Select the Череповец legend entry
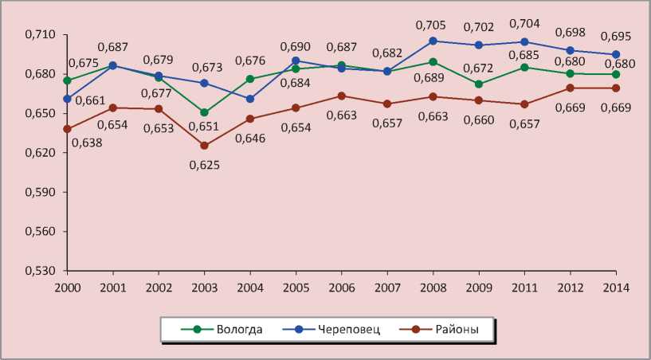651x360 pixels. [x=334, y=329]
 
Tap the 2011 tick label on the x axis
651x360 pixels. [x=524, y=286]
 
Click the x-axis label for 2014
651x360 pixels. [x=616, y=286]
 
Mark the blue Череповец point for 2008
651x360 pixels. [x=433, y=41]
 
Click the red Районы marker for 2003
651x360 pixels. [x=204, y=146]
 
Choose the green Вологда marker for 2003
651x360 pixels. [x=204, y=112]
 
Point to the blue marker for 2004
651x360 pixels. [x=250, y=99]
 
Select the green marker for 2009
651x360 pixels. [x=479, y=84]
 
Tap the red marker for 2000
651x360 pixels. [x=68, y=129]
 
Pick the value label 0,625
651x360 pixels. [x=205, y=165]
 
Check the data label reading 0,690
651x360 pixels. [x=296, y=47]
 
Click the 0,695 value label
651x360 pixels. [x=616, y=38]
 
